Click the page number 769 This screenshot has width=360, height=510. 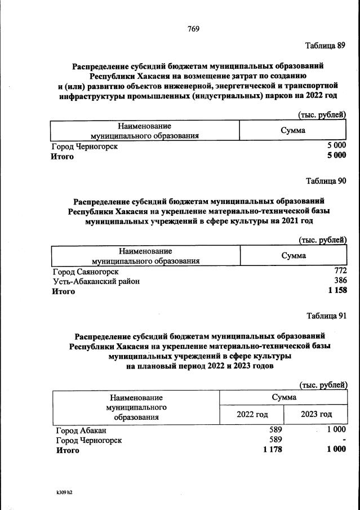(x=194, y=29)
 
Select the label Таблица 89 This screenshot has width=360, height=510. (x=325, y=46)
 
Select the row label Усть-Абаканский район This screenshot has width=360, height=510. (x=96, y=281)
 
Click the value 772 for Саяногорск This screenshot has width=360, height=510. (x=340, y=272)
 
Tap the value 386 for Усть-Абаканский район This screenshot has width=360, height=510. (x=340, y=281)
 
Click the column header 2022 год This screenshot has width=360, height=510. (x=252, y=414)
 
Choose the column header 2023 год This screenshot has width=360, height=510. (x=316, y=414)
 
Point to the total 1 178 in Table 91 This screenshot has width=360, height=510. (x=272, y=449)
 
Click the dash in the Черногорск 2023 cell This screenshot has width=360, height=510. (x=344, y=440)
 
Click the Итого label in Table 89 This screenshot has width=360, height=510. (x=63, y=156)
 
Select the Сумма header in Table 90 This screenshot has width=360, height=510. (x=294, y=256)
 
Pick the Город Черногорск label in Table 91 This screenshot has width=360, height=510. (x=88, y=440)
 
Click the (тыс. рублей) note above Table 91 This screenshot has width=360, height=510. (x=322, y=385)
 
